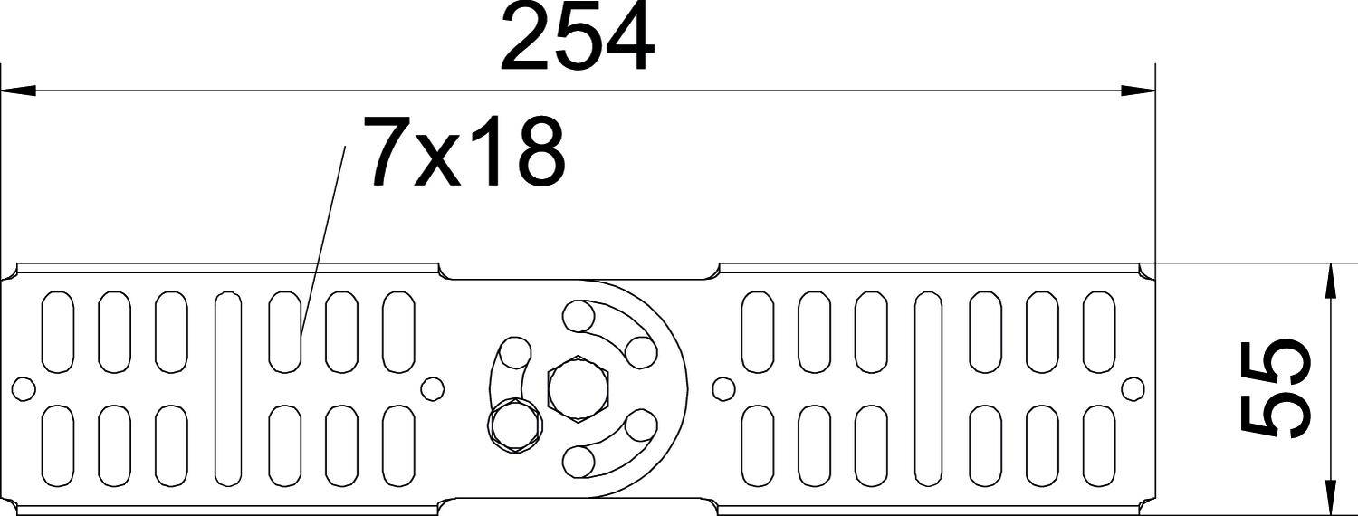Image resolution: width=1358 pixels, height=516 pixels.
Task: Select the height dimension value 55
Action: coord(1276,388)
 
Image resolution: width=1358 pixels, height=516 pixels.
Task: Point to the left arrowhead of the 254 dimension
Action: coord(18,91)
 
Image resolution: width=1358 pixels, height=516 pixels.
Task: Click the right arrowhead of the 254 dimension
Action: coord(1138,91)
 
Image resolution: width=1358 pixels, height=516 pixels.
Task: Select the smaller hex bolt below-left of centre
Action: coord(515,424)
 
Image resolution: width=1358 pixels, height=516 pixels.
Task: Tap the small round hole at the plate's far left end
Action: coord(24,389)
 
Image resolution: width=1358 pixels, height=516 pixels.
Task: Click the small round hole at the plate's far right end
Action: coord(1133,389)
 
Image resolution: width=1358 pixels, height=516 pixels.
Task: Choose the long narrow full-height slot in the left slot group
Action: coord(227,388)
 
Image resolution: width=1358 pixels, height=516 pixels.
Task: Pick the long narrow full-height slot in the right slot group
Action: coord(927,388)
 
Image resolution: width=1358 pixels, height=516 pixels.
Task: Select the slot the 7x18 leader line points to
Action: coord(284,331)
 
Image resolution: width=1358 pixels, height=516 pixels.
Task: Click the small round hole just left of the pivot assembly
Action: coord(434,389)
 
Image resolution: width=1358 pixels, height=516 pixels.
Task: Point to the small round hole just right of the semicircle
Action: coord(722,389)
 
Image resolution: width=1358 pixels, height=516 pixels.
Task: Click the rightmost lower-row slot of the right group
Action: coord(1099,446)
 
